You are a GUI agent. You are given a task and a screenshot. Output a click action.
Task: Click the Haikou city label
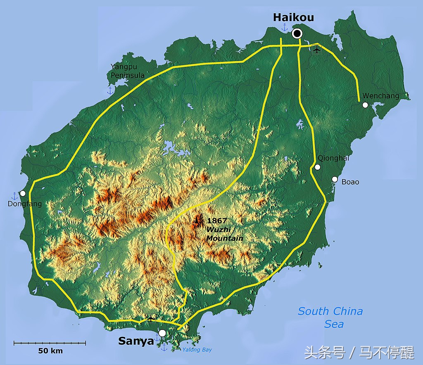coord(293,17)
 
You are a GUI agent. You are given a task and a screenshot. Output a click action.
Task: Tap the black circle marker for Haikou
coord(297,33)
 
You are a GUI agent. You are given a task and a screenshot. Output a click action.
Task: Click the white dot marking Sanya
coord(162,333)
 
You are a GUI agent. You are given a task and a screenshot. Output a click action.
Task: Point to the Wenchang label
coord(381,96)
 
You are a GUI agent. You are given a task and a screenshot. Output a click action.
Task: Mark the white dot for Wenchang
coord(365,105)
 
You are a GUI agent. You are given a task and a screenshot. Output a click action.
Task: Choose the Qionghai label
coord(333,158)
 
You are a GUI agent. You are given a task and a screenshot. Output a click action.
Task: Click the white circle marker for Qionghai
coord(317,167)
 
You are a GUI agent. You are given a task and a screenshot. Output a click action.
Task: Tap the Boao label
coord(350,182)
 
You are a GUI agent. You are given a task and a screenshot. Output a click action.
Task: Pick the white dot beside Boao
coord(335,179)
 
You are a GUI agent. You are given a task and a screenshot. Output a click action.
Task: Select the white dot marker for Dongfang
coord(23,193)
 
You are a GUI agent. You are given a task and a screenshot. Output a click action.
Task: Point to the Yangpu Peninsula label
coord(128,71)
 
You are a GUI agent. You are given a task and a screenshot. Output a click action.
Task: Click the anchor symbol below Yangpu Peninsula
coord(110,90)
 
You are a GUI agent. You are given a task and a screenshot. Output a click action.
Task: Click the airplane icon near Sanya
coord(151,318)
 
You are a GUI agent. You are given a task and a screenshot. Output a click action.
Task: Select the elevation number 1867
coord(217,220)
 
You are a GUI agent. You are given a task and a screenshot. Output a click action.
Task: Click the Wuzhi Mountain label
coord(224,234)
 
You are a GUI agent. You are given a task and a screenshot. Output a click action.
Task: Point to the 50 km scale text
coord(50,351)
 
